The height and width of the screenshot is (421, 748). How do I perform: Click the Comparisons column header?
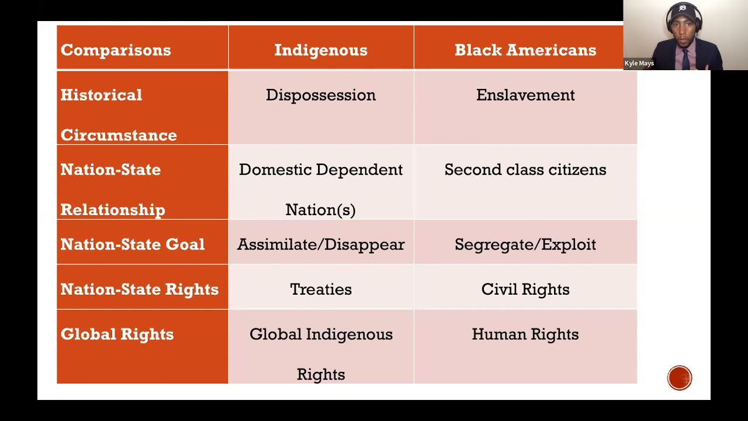tap(116, 50)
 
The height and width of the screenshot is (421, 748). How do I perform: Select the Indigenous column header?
tap(321, 50)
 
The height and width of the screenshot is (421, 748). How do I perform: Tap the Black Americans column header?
tap(525, 50)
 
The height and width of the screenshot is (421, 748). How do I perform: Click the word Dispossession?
tap(321, 95)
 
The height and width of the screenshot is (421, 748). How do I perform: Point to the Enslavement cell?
tap(525, 95)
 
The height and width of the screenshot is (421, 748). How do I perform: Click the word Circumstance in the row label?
tap(119, 135)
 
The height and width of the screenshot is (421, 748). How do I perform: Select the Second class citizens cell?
tap(525, 170)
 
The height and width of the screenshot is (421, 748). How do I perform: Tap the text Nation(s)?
tap(320, 210)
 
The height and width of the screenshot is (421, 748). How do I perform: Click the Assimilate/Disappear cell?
tap(321, 244)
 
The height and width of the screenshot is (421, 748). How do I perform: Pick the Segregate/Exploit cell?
tap(525, 244)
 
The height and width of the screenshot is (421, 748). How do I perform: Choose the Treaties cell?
tap(321, 289)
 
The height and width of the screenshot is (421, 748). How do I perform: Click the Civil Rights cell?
tap(525, 289)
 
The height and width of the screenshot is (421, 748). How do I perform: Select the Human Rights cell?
tap(525, 334)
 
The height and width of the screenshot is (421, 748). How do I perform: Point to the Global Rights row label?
tap(117, 334)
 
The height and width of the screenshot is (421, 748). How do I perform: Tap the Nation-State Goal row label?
tap(133, 244)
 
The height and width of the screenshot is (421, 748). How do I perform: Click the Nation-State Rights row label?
tap(139, 289)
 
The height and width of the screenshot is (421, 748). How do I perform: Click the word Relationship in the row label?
tap(113, 210)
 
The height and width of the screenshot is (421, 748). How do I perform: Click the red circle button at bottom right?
tap(680, 378)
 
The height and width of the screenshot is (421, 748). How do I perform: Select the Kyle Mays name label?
tap(639, 63)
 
